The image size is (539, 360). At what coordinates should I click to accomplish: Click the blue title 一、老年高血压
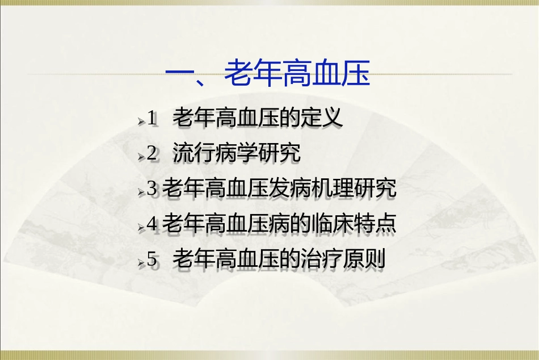point(267,74)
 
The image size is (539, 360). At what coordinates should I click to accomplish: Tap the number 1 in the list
point(151,119)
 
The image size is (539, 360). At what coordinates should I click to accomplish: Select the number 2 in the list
point(151,154)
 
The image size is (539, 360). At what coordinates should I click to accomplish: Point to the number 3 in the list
point(151,189)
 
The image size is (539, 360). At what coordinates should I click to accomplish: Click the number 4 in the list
point(151,224)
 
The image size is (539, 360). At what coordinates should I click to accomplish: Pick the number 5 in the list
point(151,259)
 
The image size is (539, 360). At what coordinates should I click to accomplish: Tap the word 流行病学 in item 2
point(215,153)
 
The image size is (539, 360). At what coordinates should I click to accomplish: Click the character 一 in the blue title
point(179,74)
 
